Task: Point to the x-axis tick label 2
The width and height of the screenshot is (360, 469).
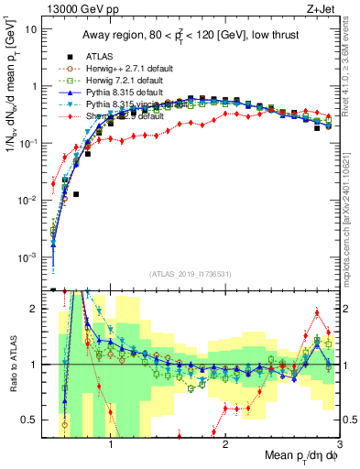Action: coord(226,445)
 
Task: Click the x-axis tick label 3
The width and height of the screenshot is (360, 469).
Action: coord(340,445)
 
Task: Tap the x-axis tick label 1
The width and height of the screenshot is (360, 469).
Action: coord(111,445)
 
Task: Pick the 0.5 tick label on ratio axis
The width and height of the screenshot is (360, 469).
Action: coord(30,420)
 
